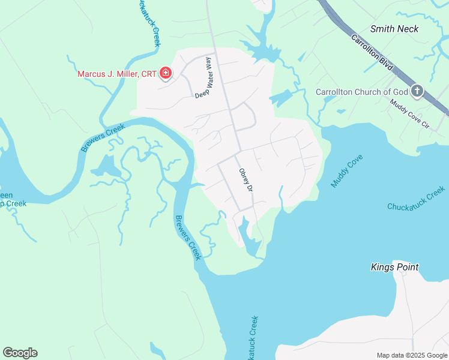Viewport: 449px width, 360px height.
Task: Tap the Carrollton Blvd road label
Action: point(372,53)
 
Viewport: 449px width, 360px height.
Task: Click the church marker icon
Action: point(417,91)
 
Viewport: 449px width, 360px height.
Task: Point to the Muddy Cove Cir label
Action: point(410,115)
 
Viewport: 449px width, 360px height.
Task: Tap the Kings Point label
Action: point(394,267)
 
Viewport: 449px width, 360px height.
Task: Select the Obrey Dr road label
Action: point(245,179)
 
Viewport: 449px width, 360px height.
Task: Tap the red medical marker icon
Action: point(166,74)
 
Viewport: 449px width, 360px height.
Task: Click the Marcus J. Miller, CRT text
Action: point(116,74)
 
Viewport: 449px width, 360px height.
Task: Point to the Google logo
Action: point(20,353)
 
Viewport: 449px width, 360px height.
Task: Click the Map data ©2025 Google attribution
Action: point(412,355)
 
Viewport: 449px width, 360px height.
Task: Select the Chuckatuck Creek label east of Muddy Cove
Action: point(417,199)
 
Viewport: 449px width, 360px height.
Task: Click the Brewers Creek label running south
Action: point(187,237)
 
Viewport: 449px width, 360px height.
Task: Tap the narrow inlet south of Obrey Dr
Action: point(246,234)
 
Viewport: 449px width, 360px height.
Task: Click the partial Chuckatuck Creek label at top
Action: point(149,22)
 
